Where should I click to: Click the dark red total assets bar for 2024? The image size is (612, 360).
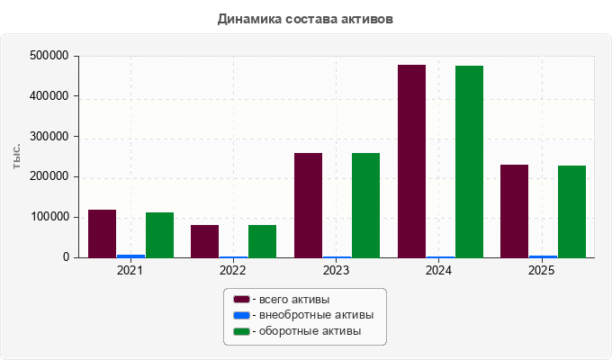coord(411,161)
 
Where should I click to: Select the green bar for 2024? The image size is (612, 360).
coord(469,162)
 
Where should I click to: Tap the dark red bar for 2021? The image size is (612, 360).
coord(103,234)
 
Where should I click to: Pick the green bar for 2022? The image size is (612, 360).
coord(262,241)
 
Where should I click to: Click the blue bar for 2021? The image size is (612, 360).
coord(131,256)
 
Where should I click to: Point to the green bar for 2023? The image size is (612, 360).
coord(365,205)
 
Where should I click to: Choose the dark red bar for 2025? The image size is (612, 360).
coord(514,211)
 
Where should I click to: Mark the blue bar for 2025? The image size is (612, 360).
coord(543,256)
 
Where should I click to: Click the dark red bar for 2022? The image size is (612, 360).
coord(205,241)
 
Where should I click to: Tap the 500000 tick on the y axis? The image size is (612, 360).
coord(49,56)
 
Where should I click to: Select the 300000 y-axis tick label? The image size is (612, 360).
coord(49,136)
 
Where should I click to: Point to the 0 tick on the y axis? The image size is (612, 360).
coord(66,257)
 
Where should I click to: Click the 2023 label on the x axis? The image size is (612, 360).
coord(336,270)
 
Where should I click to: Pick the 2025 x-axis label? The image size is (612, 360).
coord(542,270)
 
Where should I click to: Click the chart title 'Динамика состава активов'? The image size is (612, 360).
coord(305,19)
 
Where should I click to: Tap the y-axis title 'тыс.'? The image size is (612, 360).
coord(16,157)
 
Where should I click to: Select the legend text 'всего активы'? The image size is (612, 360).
coord(294,300)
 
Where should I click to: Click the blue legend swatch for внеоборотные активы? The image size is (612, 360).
coord(241,315)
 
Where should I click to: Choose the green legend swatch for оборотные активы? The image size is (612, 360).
coord(241,331)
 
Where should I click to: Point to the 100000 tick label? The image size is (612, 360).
coord(49,217)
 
